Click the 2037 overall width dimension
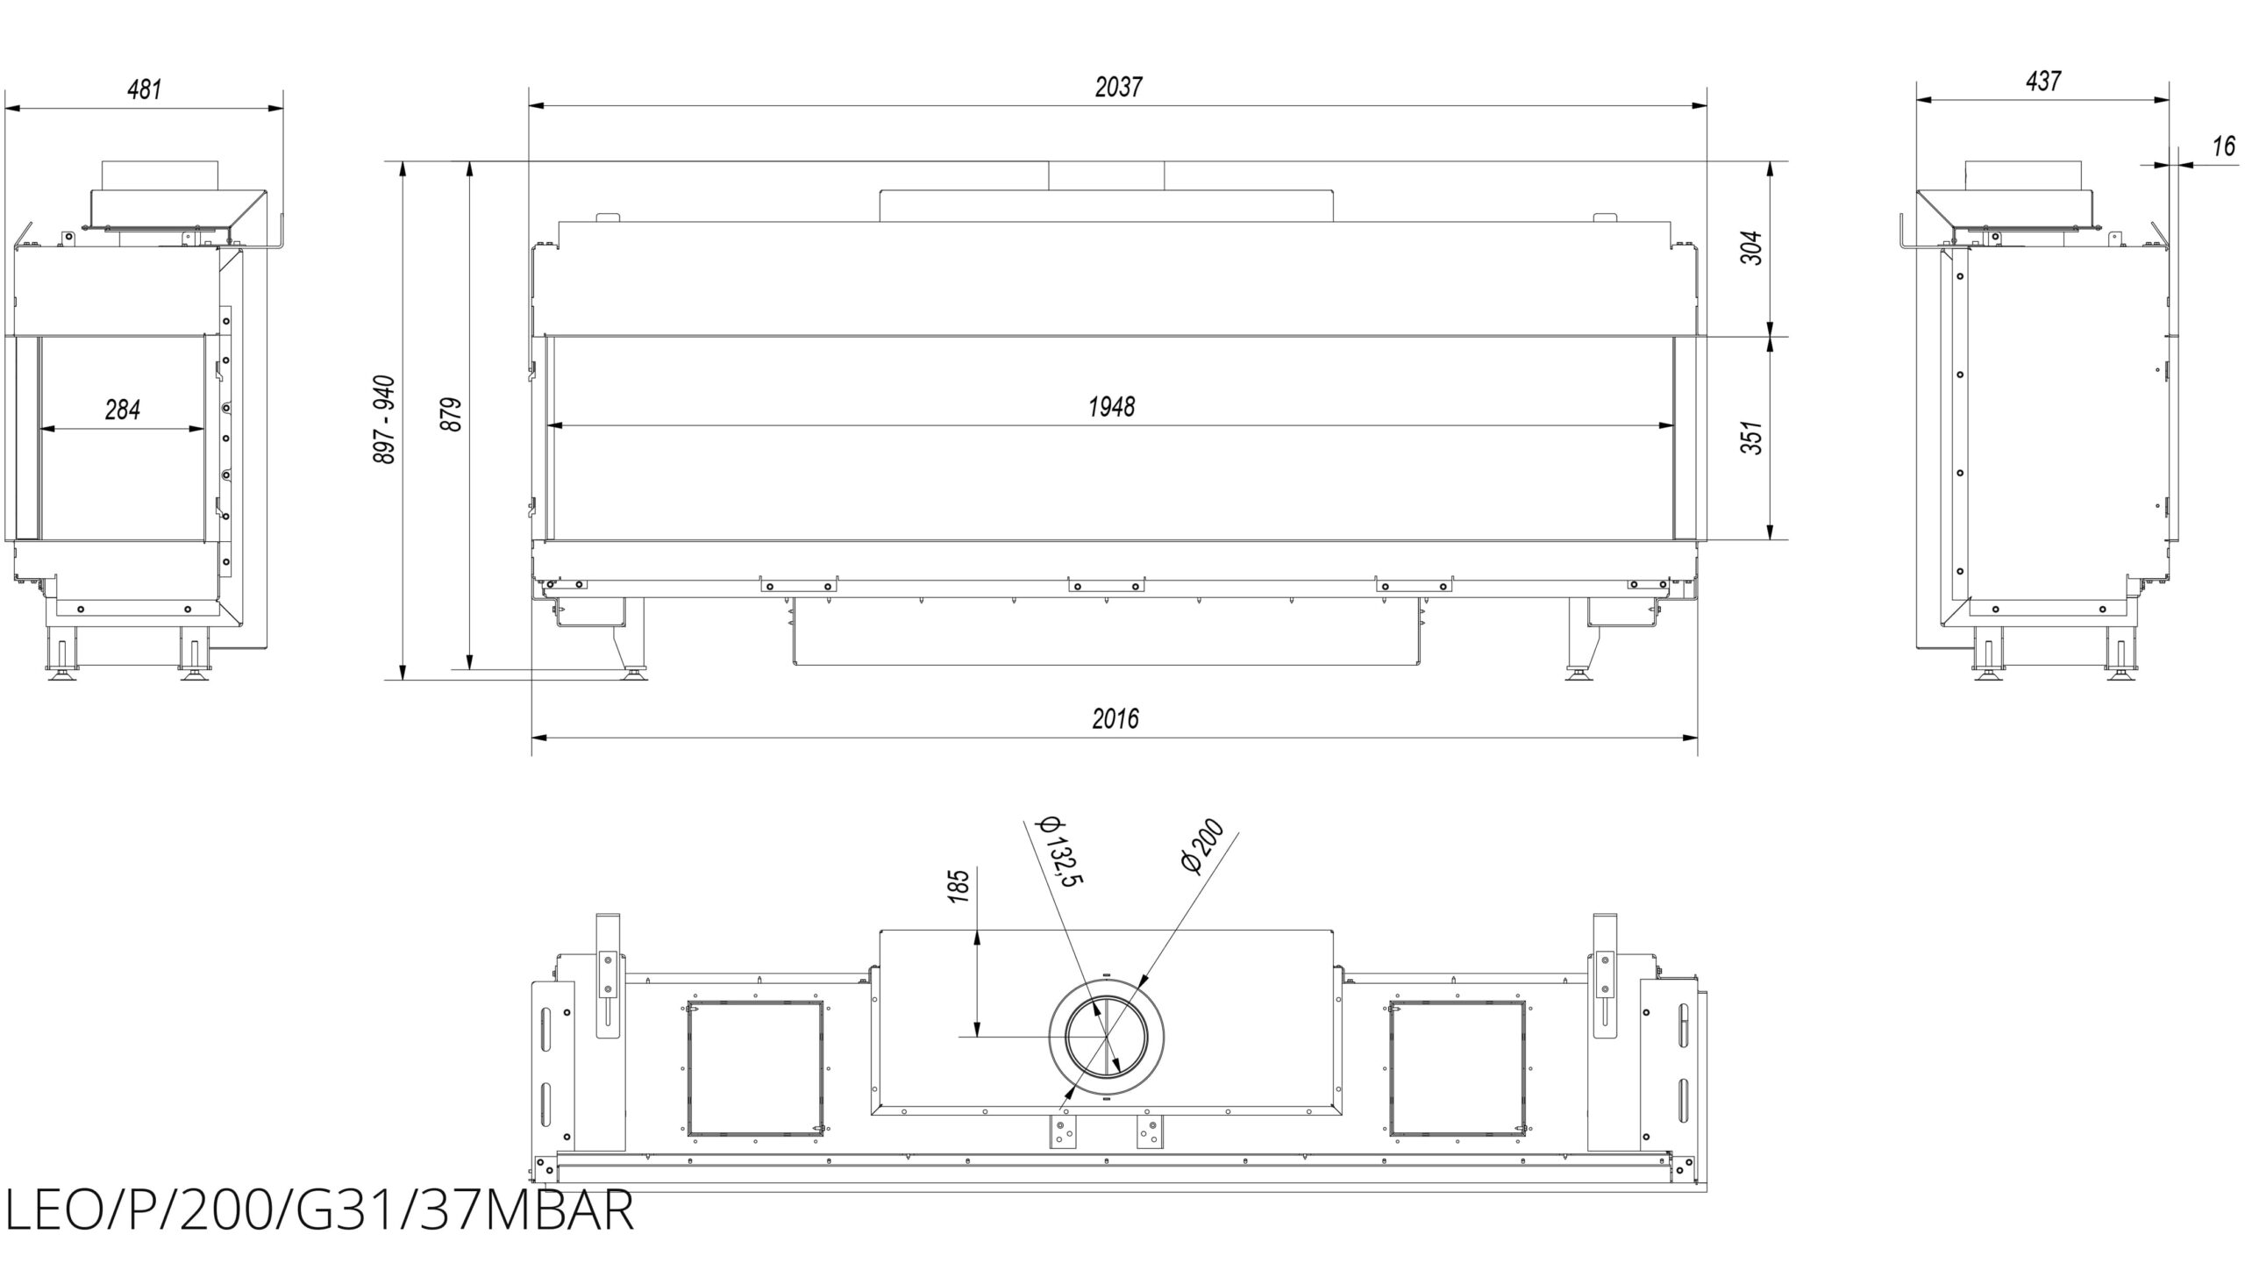1119,87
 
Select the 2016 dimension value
1115,718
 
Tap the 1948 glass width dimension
1111,407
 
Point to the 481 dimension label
145,89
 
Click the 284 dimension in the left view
123,410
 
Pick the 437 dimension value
2043,82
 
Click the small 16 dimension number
2223,146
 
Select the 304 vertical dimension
1751,248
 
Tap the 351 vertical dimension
1751,438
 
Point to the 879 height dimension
451,414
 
